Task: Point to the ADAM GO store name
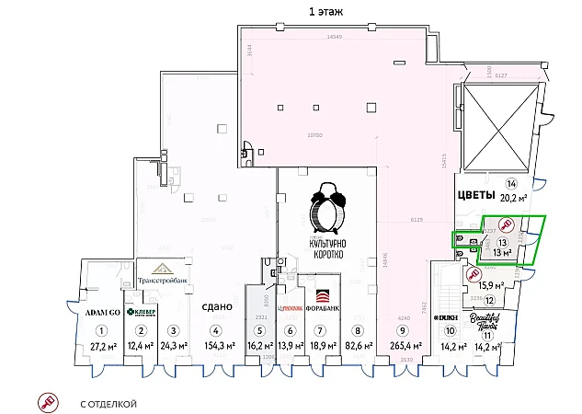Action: tap(103, 312)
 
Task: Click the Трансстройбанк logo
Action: tap(162, 274)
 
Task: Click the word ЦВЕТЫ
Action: tap(476, 196)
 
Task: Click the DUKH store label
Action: tap(446, 317)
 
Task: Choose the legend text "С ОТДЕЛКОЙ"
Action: tap(109, 403)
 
